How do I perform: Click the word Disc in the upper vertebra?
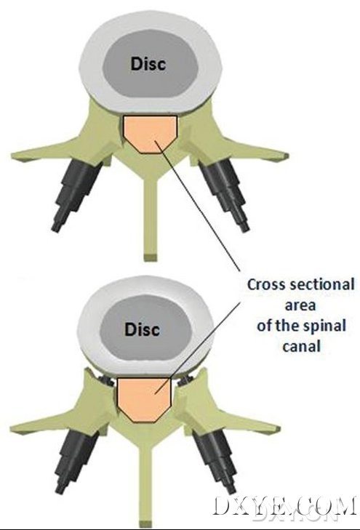(148, 64)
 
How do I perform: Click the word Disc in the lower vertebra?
(142, 329)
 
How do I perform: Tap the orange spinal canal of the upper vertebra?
(150, 134)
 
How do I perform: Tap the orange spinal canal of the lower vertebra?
(144, 399)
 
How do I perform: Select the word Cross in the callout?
(267, 284)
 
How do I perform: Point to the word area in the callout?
(300, 305)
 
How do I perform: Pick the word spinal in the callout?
(324, 326)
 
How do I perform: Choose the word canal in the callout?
(302, 346)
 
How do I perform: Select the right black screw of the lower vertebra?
(213, 459)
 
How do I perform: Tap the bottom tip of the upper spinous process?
(150, 257)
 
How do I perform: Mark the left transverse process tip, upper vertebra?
(13, 156)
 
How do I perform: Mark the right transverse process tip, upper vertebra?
(287, 156)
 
